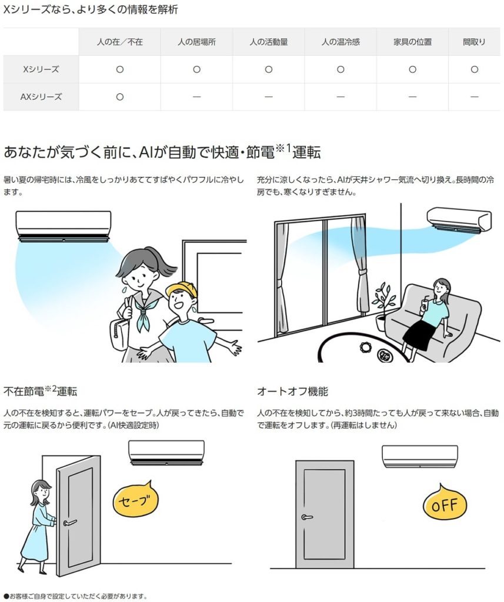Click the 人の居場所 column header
196,42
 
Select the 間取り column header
474,42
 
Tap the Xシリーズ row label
41,69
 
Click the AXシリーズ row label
41,97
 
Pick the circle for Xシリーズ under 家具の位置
412,69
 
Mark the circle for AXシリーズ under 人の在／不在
120,97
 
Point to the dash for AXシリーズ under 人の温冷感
341,97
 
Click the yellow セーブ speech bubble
136,500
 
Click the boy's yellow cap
182,289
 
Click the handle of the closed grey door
306,517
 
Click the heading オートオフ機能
292,391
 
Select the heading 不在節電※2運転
40,391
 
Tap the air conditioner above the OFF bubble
420,456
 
